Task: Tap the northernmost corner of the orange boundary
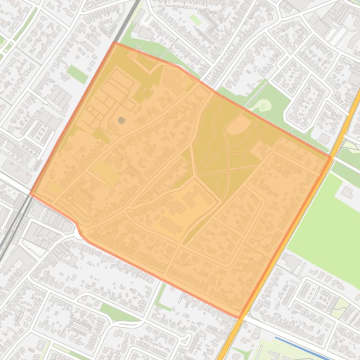click(x=114, y=42)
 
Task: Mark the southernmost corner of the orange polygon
click(x=240, y=318)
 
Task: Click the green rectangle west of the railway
click(x=77, y=74)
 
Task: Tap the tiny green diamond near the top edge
click(x=195, y=20)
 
